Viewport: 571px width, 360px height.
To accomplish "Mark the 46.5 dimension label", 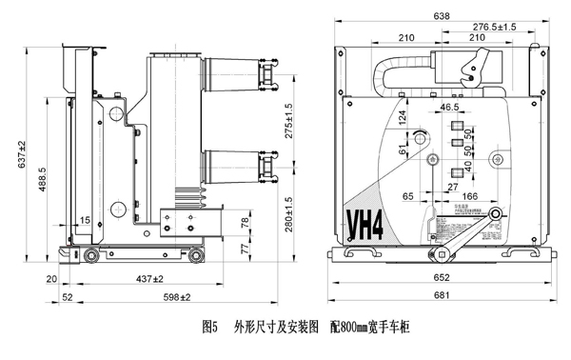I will (449, 109).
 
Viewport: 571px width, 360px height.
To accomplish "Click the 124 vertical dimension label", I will (403, 118).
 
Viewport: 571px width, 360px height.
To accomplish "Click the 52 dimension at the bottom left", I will (68, 298).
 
